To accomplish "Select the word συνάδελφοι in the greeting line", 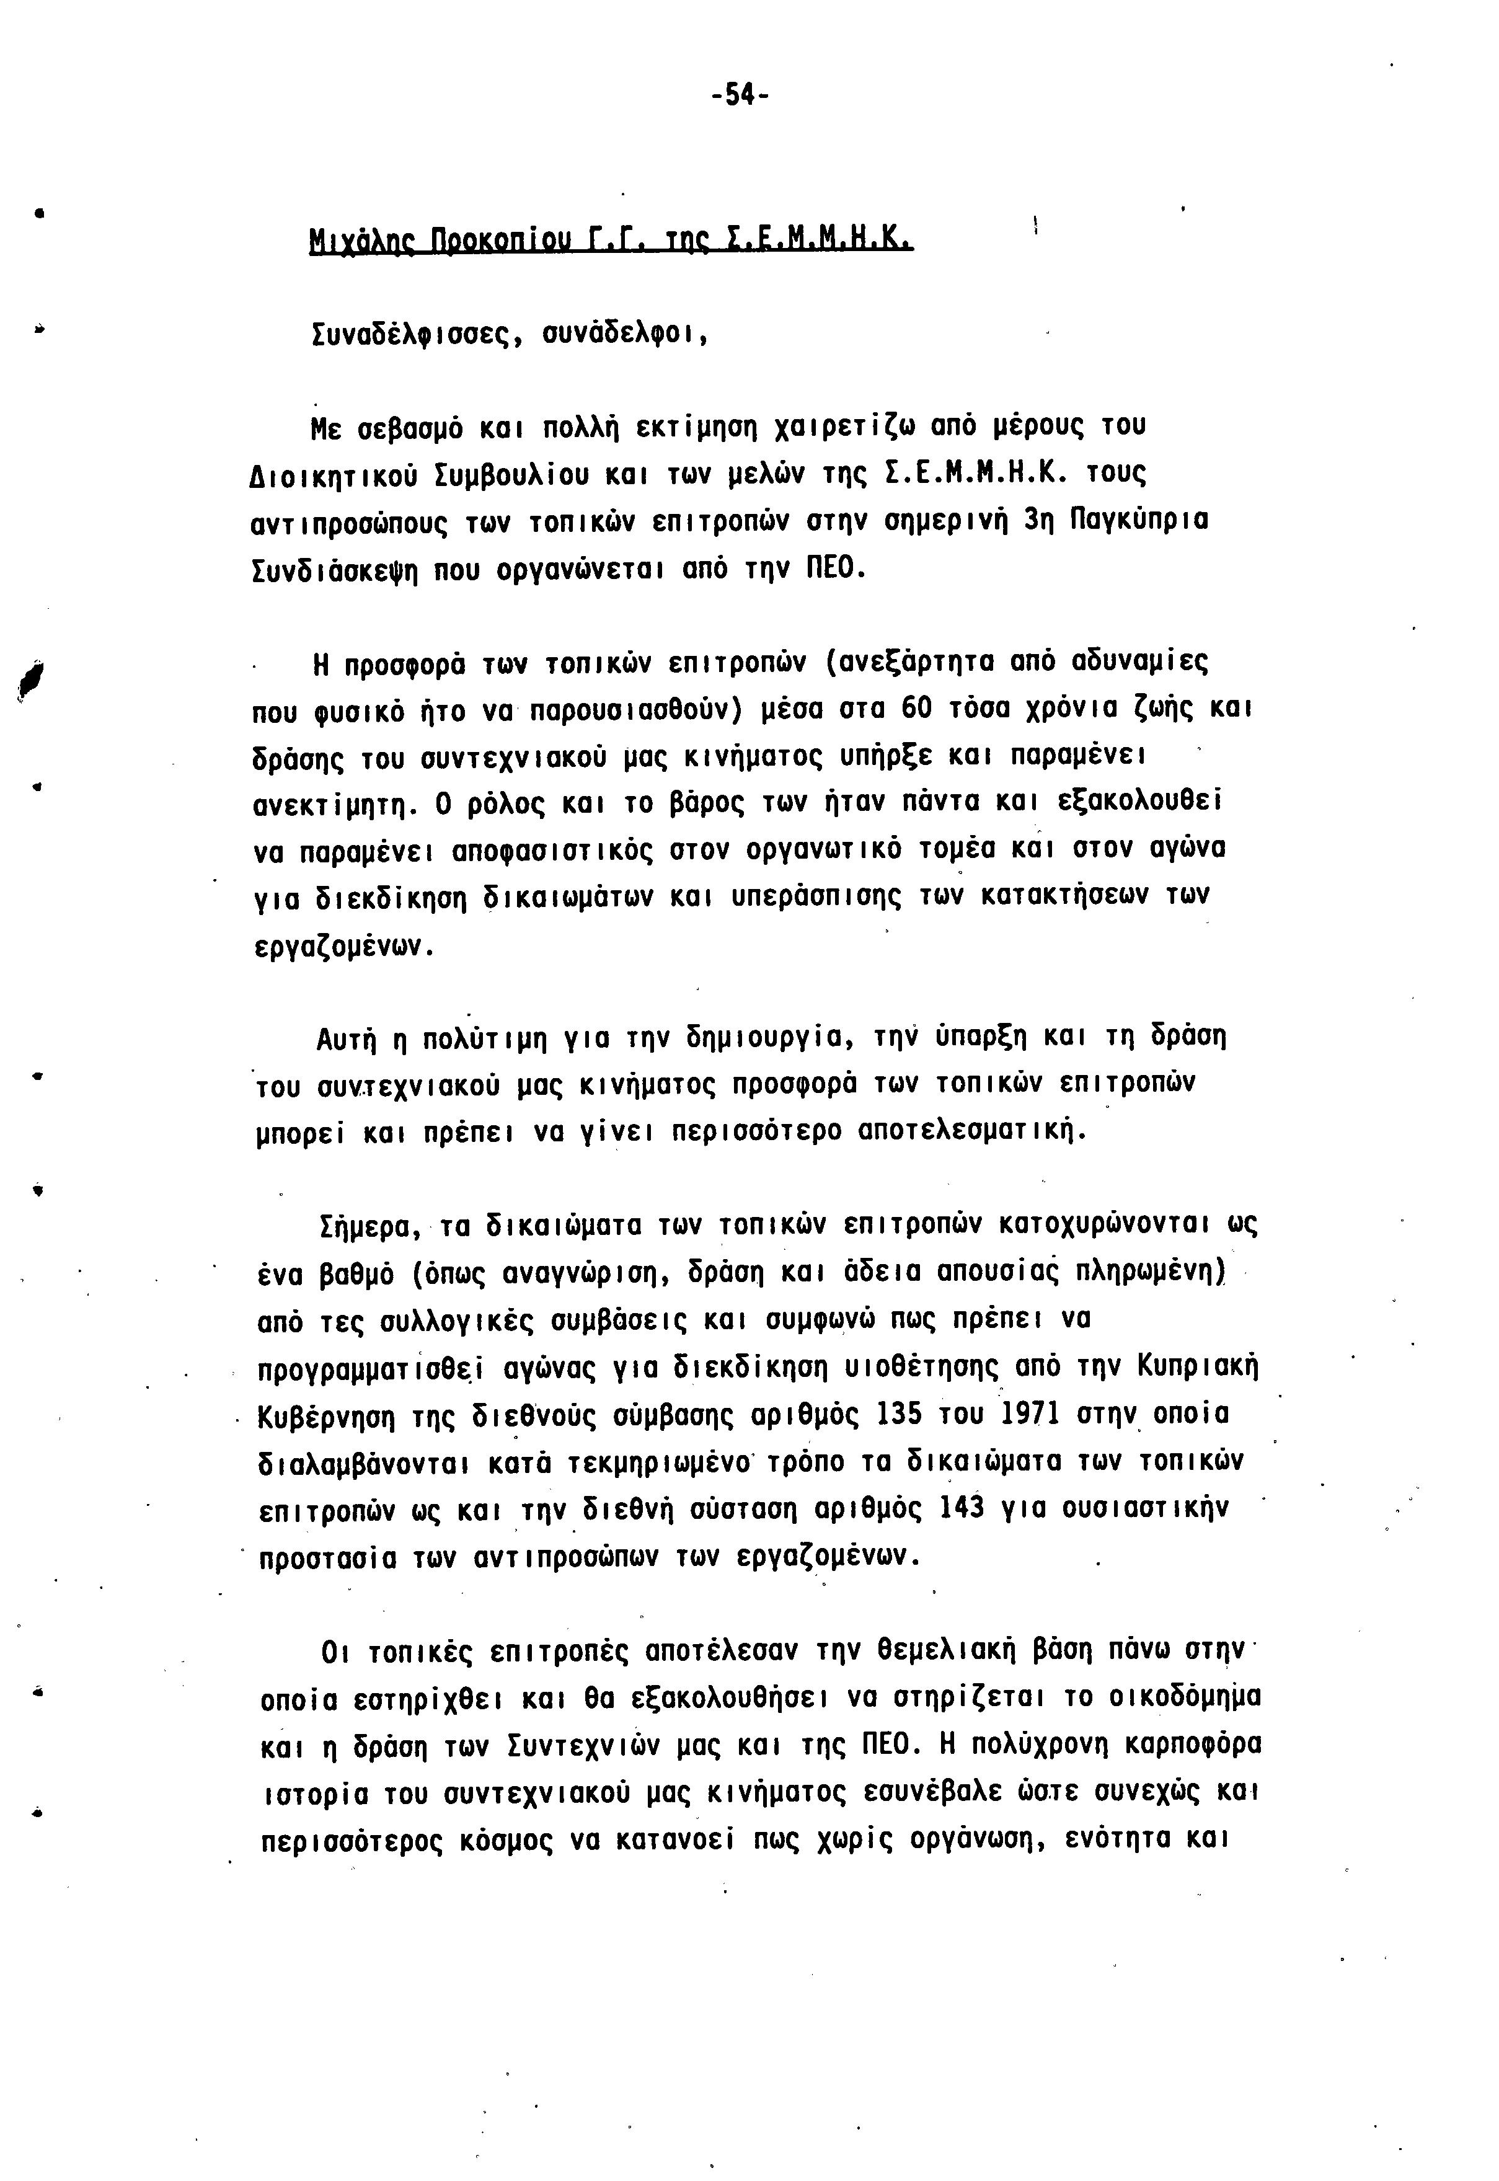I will click(626, 334).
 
